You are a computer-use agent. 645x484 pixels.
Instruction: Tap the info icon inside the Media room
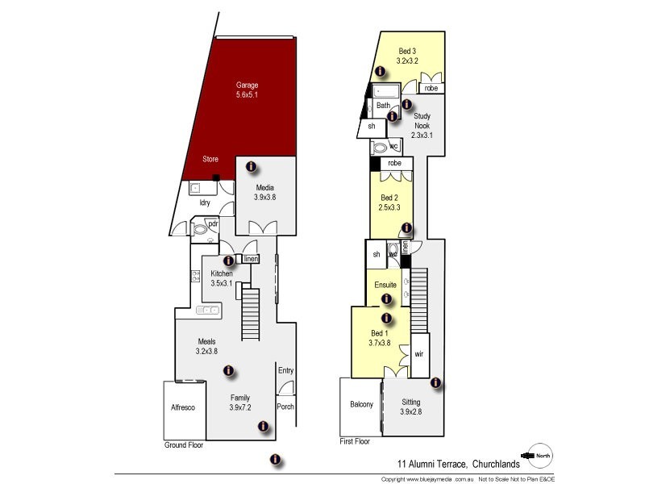point(251,166)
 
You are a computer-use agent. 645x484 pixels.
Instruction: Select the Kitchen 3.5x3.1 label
point(221,278)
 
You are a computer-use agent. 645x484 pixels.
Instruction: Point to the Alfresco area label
point(182,407)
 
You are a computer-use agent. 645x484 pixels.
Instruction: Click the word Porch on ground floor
point(285,407)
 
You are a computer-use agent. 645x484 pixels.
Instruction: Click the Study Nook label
point(422,126)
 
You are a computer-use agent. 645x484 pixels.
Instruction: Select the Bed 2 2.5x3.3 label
point(389,202)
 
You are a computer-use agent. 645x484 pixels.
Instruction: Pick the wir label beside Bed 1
point(418,354)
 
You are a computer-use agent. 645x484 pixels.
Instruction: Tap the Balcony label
point(360,404)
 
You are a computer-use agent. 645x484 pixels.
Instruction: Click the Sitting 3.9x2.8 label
point(410,406)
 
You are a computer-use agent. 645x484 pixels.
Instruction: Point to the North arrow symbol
point(539,456)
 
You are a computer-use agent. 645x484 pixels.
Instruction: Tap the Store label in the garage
point(209,159)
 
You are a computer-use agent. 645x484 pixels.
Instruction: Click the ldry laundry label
point(205,202)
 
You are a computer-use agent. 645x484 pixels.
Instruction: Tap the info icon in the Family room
point(228,371)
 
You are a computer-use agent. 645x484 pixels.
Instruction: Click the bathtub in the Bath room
point(386,90)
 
